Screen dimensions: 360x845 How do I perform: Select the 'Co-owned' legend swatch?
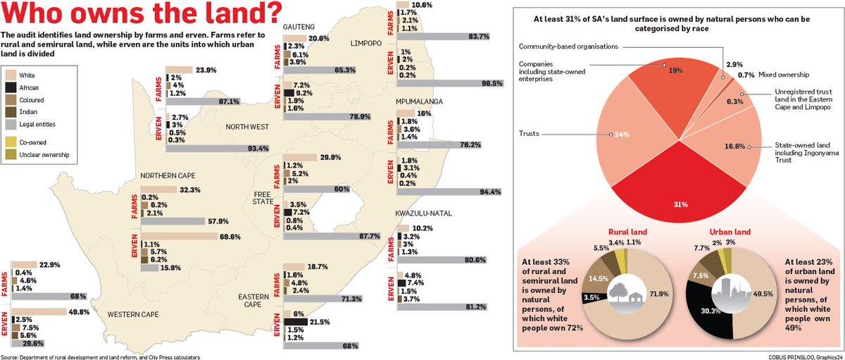tap(10, 142)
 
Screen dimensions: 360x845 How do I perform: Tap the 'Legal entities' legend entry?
tap(10, 125)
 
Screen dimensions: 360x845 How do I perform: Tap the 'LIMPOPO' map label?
tap(366, 44)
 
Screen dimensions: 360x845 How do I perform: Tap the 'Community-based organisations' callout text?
tap(568, 46)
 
